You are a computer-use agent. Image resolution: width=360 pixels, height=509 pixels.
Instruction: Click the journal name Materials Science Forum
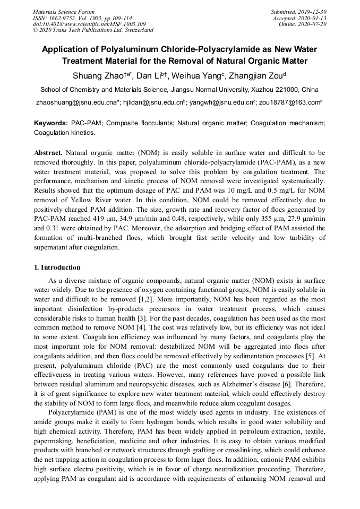coord(64,11)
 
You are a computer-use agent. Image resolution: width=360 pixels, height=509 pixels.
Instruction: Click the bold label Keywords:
coord(51,123)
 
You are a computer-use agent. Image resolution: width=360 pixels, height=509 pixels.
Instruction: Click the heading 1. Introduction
coord(57,268)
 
